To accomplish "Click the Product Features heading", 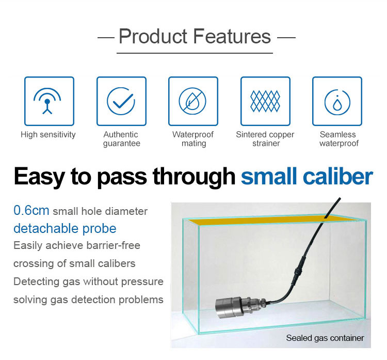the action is pos(195,36).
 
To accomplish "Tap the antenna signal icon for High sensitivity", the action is pos(47,102).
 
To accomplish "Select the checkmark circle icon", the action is pos(121,101).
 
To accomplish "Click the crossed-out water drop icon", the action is pos(192,101).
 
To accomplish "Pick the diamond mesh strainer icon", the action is pos(265,101).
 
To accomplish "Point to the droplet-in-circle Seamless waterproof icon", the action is pos(337,102).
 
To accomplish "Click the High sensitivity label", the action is pos(48,135).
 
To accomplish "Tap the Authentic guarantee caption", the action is pos(121,139).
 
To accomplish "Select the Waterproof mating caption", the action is pos(193,139).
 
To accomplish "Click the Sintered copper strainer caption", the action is pos(265,139).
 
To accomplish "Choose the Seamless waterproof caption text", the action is pos(338,139).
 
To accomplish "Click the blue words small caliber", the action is pos(307,177).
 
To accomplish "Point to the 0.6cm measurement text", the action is pos(31,211).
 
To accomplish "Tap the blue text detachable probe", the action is pos(65,228).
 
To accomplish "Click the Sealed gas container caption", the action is pos(325,338).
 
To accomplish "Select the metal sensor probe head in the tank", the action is pos(234,306).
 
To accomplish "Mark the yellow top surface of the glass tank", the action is pos(271,220).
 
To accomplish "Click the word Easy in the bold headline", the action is pos(40,177).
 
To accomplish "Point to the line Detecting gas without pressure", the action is pos(88,281).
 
